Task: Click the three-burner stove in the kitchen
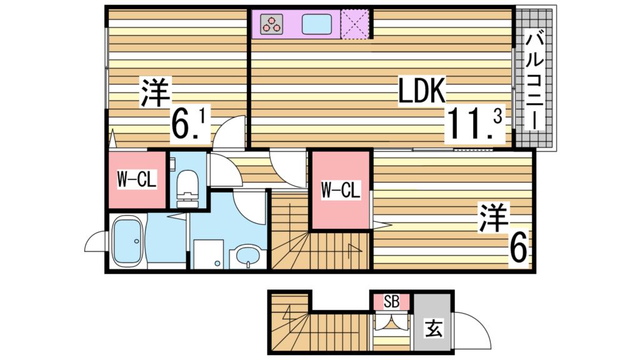272,25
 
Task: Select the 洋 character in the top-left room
154,92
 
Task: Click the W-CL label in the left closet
137,180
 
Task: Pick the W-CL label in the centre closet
341,190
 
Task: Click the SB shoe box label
391,302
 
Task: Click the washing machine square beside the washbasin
207,255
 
